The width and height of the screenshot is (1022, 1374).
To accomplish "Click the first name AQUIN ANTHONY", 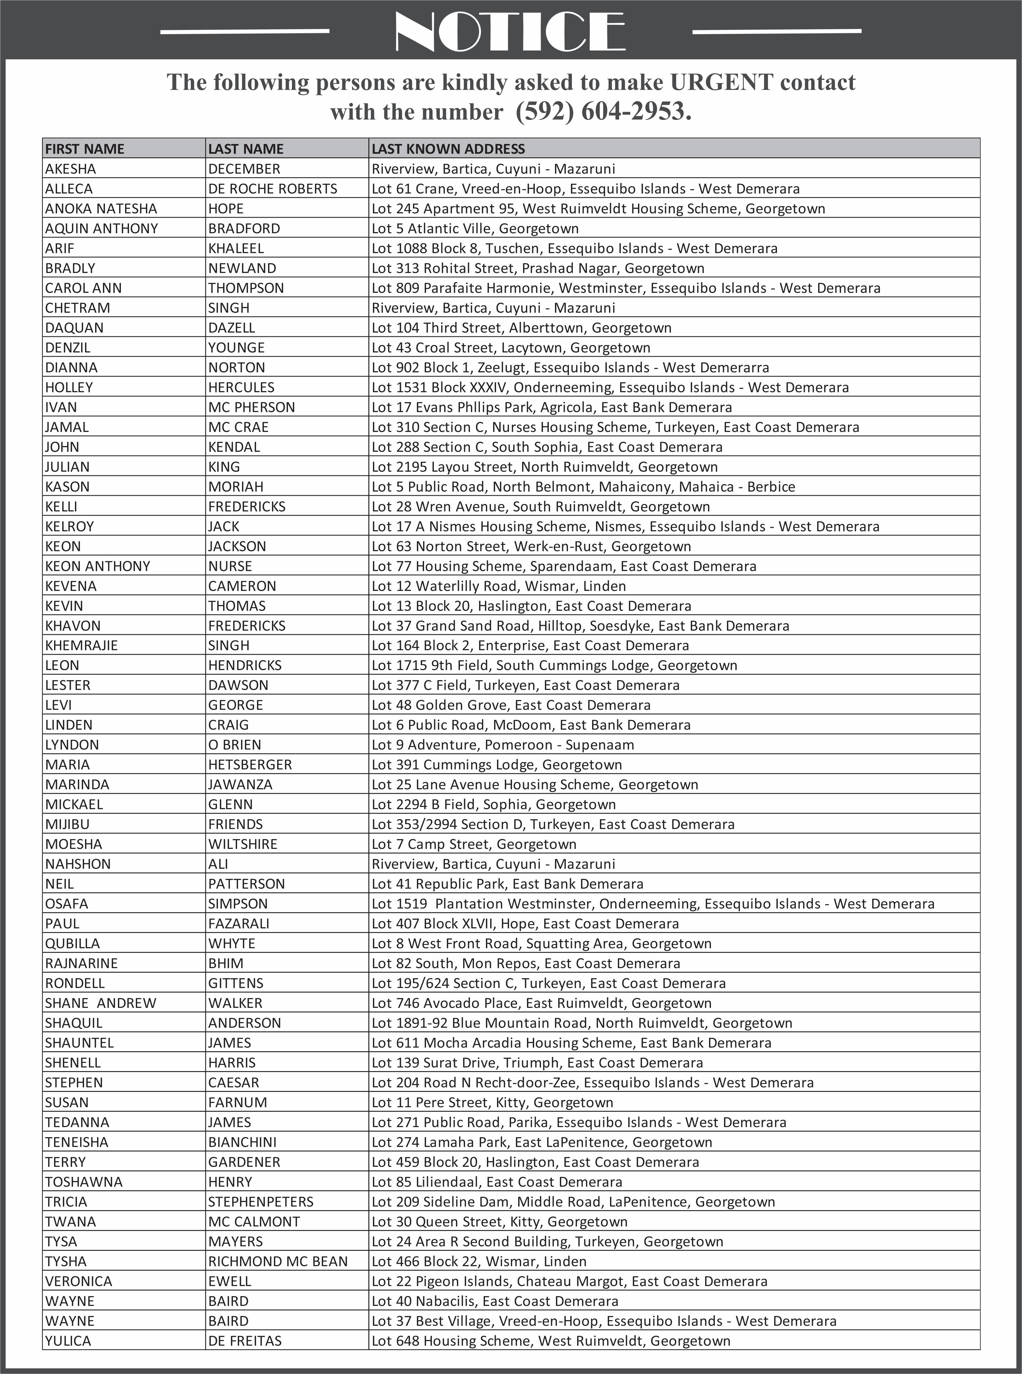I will tap(102, 228).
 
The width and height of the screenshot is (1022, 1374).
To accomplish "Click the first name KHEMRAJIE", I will tap(81, 645).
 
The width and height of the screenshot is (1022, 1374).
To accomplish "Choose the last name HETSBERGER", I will tap(250, 765).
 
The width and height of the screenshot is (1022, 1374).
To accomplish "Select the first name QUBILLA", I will tap(72, 943).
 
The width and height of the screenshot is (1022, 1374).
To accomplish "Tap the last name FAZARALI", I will tap(239, 923).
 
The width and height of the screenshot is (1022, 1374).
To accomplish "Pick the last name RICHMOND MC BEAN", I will tap(278, 1261).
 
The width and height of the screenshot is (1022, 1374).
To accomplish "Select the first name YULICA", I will tap(68, 1340).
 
